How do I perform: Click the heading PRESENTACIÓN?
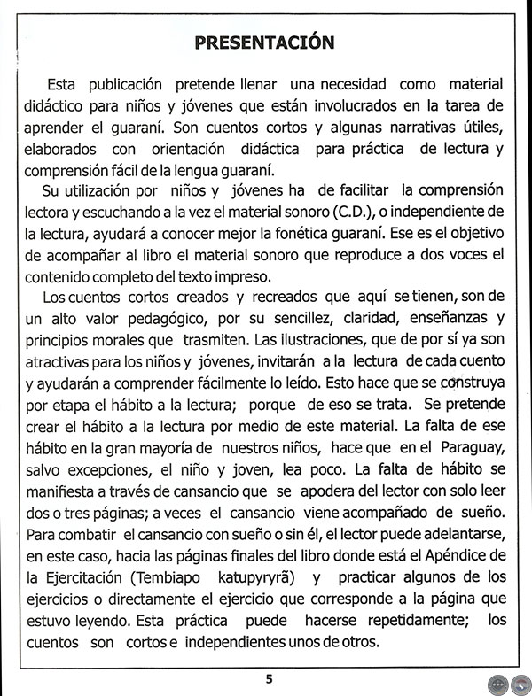point(265,43)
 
